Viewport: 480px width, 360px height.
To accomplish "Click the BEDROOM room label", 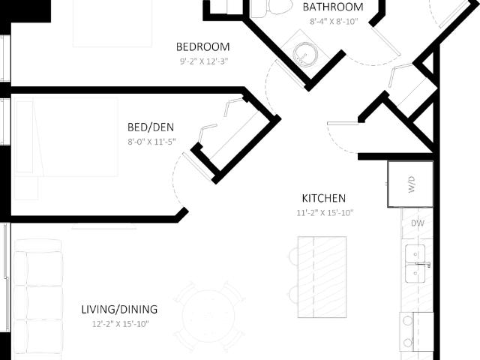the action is (203, 46).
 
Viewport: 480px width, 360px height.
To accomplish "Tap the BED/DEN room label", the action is (151, 127).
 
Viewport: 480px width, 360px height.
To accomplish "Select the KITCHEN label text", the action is (324, 198).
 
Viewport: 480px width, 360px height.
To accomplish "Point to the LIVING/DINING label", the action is (119, 310).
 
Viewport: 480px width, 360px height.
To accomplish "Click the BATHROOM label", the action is (333, 7).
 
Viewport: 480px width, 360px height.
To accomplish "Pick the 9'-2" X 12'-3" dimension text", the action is (204, 61).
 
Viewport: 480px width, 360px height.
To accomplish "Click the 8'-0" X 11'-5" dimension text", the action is (151, 142).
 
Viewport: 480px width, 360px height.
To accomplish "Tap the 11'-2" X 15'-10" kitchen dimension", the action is (325, 213).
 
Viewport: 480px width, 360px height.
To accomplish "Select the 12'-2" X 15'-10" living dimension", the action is (121, 324).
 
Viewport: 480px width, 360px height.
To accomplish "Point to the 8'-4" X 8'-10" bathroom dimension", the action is (334, 22).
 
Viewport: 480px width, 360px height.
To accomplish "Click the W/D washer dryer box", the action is (411, 184).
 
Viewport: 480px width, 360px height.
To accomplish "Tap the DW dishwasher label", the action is (418, 223).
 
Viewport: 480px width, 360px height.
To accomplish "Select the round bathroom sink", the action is (305, 55).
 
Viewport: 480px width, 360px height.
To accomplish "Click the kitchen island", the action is (322, 277).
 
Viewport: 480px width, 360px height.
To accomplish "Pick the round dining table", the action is (208, 316).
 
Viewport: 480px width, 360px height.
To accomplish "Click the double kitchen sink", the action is (415, 263).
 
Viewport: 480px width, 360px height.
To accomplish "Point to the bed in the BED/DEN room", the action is (67, 137).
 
